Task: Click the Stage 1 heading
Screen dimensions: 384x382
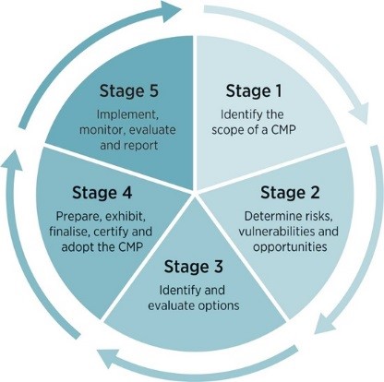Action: (254, 91)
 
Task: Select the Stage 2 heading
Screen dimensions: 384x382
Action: (290, 193)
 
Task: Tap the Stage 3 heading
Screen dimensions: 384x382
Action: (194, 267)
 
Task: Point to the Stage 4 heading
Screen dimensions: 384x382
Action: (102, 193)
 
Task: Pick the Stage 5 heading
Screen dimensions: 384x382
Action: (129, 91)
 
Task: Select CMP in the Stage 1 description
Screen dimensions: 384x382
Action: (283, 129)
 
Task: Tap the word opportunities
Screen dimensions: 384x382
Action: (290, 247)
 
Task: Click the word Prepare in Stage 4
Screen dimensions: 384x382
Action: (78, 217)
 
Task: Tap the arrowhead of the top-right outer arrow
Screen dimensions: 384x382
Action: (358, 113)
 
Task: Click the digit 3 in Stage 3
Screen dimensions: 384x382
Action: (218, 267)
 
